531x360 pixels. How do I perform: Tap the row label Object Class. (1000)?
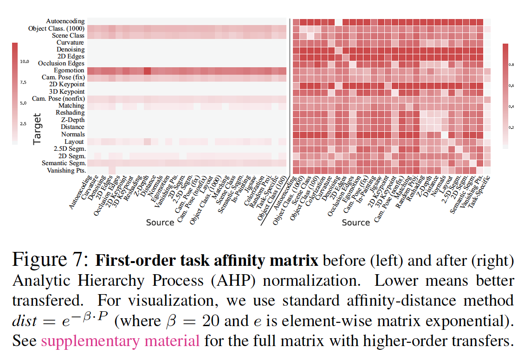(56, 28)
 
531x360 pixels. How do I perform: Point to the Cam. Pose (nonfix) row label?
(58, 99)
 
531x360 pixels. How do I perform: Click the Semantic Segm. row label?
(63, 163)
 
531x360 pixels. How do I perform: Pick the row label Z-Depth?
(72, 120)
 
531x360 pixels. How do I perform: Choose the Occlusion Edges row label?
(61, 63)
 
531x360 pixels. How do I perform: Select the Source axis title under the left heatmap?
(160, 223)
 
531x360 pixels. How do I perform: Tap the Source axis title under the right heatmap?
(356, 223)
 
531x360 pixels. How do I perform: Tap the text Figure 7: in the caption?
(50, 260)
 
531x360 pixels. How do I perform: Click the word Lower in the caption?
(396, 281)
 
